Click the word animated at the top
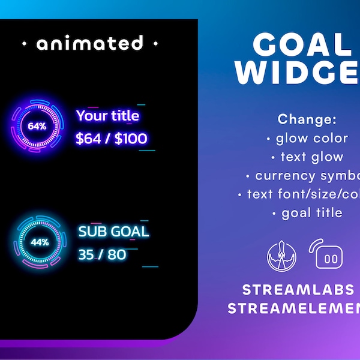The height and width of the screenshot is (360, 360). [89, 43]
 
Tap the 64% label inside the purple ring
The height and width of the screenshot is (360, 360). [37, 127]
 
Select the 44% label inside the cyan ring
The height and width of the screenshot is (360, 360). [40, 242]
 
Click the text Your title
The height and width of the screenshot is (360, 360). [108, 116]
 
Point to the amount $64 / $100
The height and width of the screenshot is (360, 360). [112, 139]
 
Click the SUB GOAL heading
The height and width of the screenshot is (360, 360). [113, 232]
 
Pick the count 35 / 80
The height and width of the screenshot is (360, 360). [102, 254]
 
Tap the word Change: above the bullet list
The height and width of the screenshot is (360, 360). [308, 119]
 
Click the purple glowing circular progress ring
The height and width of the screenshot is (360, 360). [37, 127]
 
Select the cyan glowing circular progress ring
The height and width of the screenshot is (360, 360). [40, 242]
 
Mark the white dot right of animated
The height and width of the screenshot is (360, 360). [155, 44]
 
